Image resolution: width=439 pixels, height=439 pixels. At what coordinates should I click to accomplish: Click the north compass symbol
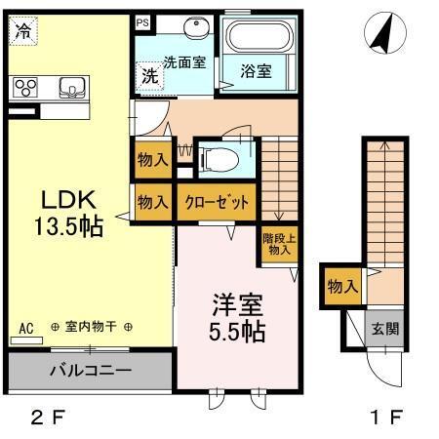click(385, 33)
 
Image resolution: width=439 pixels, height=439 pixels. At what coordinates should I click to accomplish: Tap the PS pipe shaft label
click(142, 22)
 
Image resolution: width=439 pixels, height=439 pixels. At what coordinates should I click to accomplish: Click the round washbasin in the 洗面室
click(196, 27)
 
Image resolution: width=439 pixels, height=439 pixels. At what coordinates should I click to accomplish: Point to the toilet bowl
click(219, 160)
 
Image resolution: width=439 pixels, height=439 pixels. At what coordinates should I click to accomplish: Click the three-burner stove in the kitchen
click(25, 88)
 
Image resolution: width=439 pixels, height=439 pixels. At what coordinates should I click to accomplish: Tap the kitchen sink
click(72, 88)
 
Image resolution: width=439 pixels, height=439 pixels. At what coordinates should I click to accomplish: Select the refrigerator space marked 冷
click(23, 31)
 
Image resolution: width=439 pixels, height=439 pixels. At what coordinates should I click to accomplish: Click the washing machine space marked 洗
click(149, 76)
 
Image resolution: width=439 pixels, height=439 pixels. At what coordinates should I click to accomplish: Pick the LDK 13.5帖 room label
click(68, 213)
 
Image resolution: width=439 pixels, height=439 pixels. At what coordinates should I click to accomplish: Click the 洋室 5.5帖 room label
click(237, 318)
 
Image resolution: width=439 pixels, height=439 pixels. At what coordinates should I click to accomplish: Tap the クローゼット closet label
click(217, 202)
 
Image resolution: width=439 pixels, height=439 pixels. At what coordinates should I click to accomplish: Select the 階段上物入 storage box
click(279, 245)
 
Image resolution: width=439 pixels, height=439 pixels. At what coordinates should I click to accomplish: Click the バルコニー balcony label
click(91, 371)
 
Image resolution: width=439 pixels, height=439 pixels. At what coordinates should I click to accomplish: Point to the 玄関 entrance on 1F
click(384, 329)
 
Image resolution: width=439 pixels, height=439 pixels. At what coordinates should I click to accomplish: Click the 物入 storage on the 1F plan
click(343, 287)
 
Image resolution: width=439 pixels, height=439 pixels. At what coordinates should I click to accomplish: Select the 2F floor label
click(48, 418)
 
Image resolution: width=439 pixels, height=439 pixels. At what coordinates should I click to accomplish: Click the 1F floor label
click(387, 418)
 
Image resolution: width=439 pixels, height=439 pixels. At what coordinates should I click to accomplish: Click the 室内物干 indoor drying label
click(91, 327)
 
